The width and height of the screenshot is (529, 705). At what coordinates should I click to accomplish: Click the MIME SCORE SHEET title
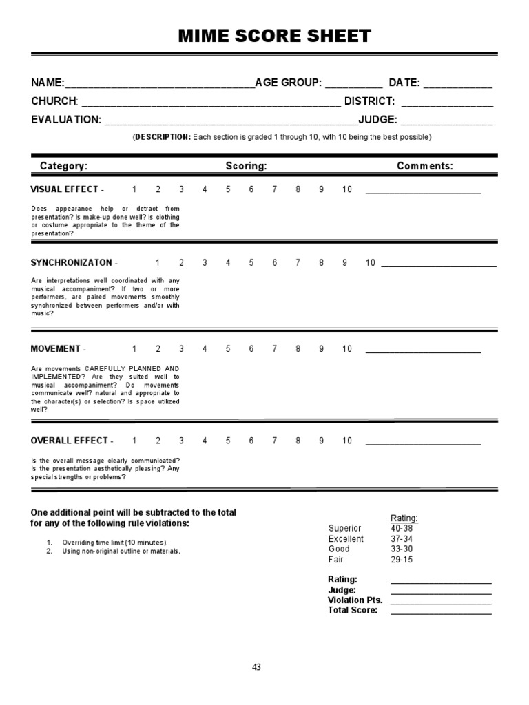tap(264, 36)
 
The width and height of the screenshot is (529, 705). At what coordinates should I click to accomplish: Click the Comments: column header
tap(425, 166)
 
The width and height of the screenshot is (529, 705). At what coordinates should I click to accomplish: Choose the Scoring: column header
tap(246, 166)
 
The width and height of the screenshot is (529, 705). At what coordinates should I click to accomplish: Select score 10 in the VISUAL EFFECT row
tap(346, 189)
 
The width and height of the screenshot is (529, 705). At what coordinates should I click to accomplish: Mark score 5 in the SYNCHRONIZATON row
tap(251, 262)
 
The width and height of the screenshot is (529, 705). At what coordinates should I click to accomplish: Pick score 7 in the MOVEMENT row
tap(275, 348)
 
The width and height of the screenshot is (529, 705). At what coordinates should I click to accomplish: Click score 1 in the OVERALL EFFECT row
tap(134, 441)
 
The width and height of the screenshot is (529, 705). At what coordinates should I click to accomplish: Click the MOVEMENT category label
tap(56, 348)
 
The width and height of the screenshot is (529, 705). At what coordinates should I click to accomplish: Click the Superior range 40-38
tap(402, 528)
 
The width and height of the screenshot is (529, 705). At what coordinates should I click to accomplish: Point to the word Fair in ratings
tap(335, 560)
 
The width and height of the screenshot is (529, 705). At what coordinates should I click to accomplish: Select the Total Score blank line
tap(441, 611)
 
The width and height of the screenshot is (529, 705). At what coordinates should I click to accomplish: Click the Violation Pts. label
tap(355, 600)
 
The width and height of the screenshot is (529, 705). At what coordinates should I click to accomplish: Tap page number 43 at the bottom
tap(256, 667)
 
